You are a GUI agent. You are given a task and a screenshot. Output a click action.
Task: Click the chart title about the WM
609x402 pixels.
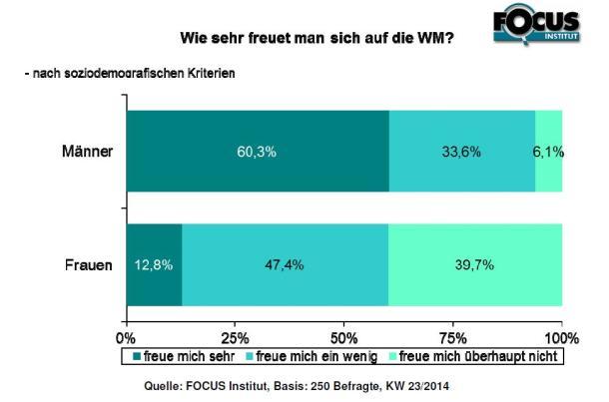(316, 40)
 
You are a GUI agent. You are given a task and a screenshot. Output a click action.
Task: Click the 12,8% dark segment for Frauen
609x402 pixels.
(154, 264)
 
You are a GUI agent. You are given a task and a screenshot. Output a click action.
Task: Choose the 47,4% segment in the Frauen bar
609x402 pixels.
(285, 264)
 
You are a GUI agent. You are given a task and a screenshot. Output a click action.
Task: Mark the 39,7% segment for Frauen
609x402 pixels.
(474, 264)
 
